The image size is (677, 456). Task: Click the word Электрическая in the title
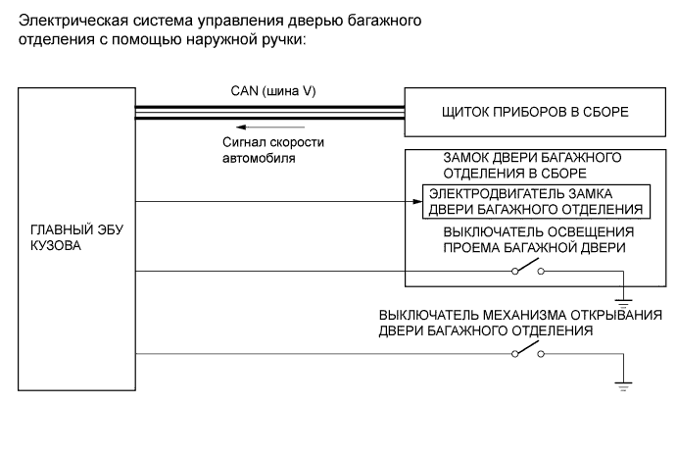coord(66,20)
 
